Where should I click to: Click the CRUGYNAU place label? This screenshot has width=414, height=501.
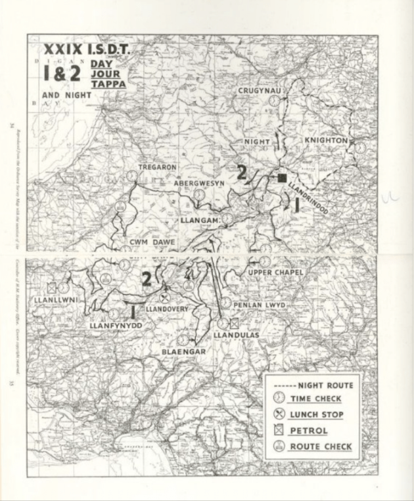coord(260,90)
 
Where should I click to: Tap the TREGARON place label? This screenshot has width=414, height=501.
coord(157,167)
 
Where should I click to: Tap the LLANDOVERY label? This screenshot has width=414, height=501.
coord(167,309)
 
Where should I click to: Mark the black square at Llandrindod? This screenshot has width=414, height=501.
coord(282,178)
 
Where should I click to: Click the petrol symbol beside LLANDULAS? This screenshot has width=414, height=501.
coord(235,323)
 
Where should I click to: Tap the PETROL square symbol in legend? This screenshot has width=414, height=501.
coord(279,431)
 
